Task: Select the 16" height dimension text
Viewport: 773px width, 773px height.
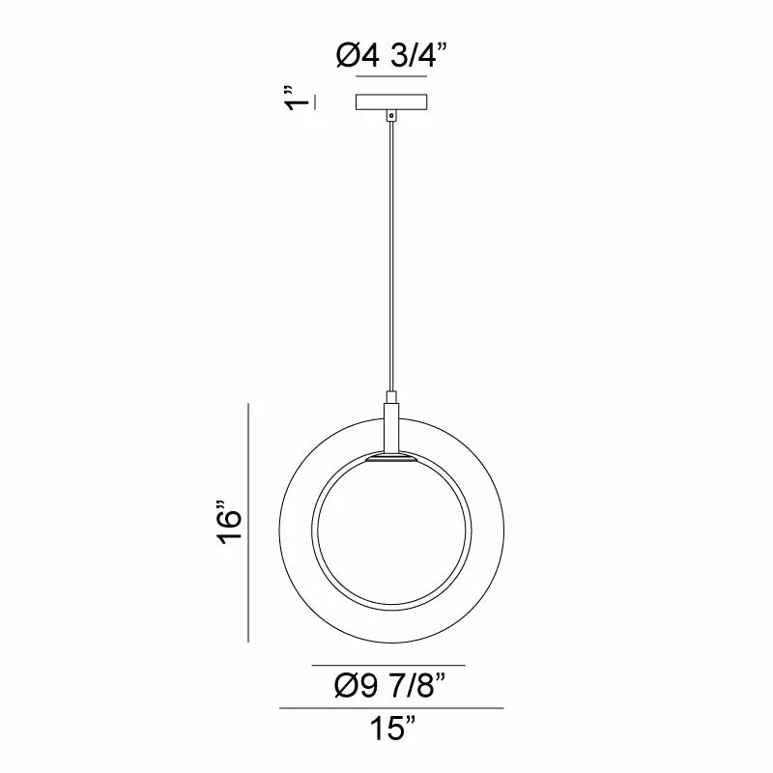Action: point(229,523)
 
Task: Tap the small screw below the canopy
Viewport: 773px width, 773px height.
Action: point(390,115)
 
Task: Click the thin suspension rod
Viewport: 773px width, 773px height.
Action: point(390,251)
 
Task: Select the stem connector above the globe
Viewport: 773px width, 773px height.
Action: point(390,425)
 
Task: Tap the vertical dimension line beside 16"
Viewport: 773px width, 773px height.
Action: point(249,523)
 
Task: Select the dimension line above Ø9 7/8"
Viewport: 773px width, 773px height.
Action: point(388,666)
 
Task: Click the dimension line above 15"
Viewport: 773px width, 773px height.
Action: point(391,709)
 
